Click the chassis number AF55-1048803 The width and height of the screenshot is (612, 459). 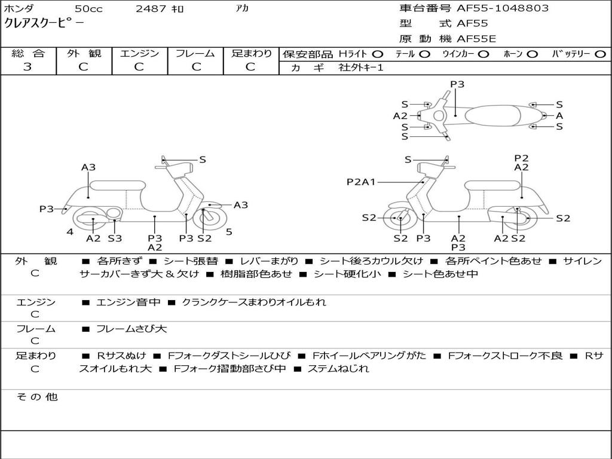(x=494, y=8)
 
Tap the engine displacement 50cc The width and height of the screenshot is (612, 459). (x=88, y=9)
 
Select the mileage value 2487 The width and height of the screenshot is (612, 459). (x=152, y=9)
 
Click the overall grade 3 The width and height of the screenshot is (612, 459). (x=27, y=67)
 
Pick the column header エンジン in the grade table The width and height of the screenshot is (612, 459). (x=139, y=53)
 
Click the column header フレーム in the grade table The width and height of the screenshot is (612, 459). (x=195, y=53)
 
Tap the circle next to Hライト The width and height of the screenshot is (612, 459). (x=378, y=54)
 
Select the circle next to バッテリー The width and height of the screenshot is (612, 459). (x=600, y=54)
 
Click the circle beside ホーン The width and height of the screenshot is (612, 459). (x=533, y=54)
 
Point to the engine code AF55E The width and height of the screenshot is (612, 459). (x=476, y=39)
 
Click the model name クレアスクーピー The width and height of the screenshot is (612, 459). (x=44, y=24)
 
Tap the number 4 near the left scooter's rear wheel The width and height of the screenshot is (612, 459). (x=70, y=232)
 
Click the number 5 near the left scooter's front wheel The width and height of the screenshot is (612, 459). (x=229, y=232)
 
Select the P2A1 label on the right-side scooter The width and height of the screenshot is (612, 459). (x=361, y=182)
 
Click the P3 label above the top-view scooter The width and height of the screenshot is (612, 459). (x=457, y=84)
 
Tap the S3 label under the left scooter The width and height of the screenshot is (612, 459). (x=115, y=238)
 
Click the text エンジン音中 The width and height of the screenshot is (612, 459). (x=128, y=302)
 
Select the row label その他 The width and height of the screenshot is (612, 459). (x=36, y=397)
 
